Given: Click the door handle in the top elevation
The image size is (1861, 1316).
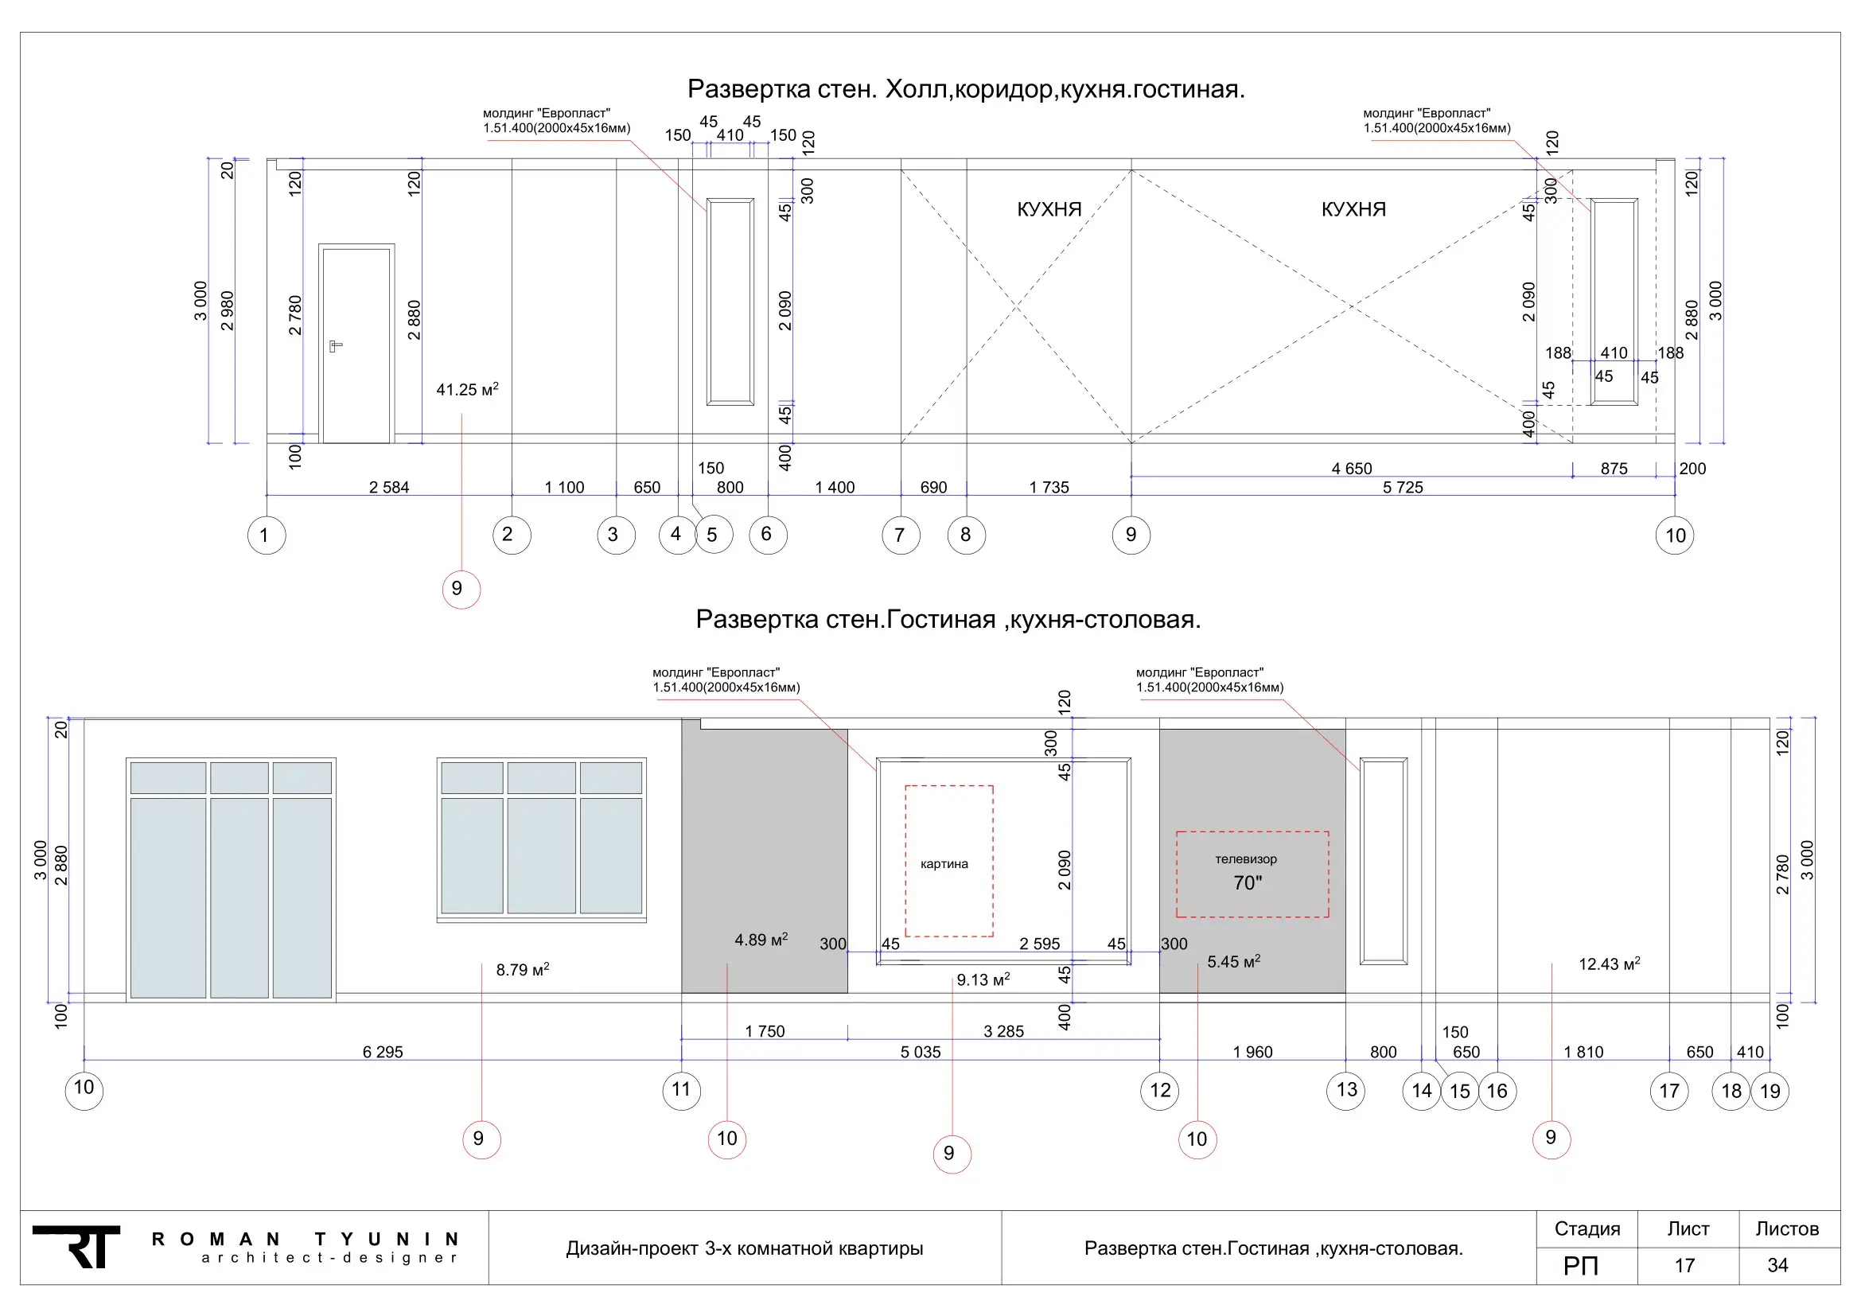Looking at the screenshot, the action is (336, 347).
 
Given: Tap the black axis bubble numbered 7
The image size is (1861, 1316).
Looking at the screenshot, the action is (901, 535).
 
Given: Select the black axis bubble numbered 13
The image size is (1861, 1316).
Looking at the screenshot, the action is (1345, 1090).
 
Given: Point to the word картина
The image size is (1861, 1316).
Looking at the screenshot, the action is (944, 864).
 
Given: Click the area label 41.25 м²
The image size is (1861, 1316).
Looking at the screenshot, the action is (468, 389).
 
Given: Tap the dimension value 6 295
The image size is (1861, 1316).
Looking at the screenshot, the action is (383, 1052).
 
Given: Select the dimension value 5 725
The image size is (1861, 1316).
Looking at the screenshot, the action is (1403, 487).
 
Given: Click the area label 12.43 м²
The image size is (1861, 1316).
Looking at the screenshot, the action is (1610, 964).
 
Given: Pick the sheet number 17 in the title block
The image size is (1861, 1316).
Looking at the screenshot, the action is (1685, 1265).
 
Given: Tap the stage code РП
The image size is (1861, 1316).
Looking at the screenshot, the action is (1581, 1265).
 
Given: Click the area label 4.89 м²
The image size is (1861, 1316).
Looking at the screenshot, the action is (761, 939).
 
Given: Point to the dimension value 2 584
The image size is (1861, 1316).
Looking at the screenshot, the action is (389, 487).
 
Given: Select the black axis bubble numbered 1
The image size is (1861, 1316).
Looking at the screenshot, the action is (267, 535).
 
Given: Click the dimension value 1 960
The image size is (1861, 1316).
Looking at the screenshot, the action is (1252, 1052).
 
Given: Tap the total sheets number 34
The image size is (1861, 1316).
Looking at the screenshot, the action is (1777, 1265).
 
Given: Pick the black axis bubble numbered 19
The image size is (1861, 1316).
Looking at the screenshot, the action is (1770, 1091).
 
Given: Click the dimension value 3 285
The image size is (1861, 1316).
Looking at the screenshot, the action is (1003, 1030).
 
